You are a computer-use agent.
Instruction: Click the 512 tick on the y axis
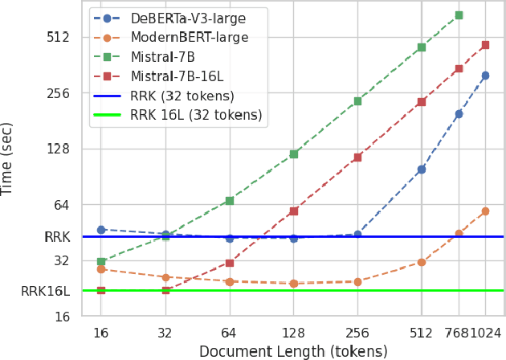click(x=57, y=37)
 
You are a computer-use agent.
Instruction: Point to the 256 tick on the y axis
click(x=57, y=93)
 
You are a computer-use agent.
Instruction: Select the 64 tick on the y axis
click(x=61, y=205)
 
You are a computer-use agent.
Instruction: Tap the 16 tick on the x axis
click(x=100, y=333)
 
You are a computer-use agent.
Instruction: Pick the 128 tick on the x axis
click(x=293, y=333)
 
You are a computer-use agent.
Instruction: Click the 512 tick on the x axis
click(x=421, y=333)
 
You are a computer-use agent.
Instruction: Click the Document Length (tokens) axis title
click(x=293, y=351)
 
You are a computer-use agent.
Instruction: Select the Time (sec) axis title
click(x=8, y=158)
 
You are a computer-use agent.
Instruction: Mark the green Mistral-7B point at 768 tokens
click(x=459, y=15)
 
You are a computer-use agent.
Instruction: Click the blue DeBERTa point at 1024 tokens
click(x=485, y=76)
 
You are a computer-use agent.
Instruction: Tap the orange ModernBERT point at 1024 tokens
click(x=485, y=211)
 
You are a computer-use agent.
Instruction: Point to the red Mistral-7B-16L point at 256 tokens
click(x=357, y=157)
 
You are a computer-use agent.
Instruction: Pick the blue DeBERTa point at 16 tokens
click(x=101, y=230)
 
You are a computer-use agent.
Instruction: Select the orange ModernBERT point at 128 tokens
click(x=293, y=284)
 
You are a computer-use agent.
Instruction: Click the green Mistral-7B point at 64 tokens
click(x=230, y=201)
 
